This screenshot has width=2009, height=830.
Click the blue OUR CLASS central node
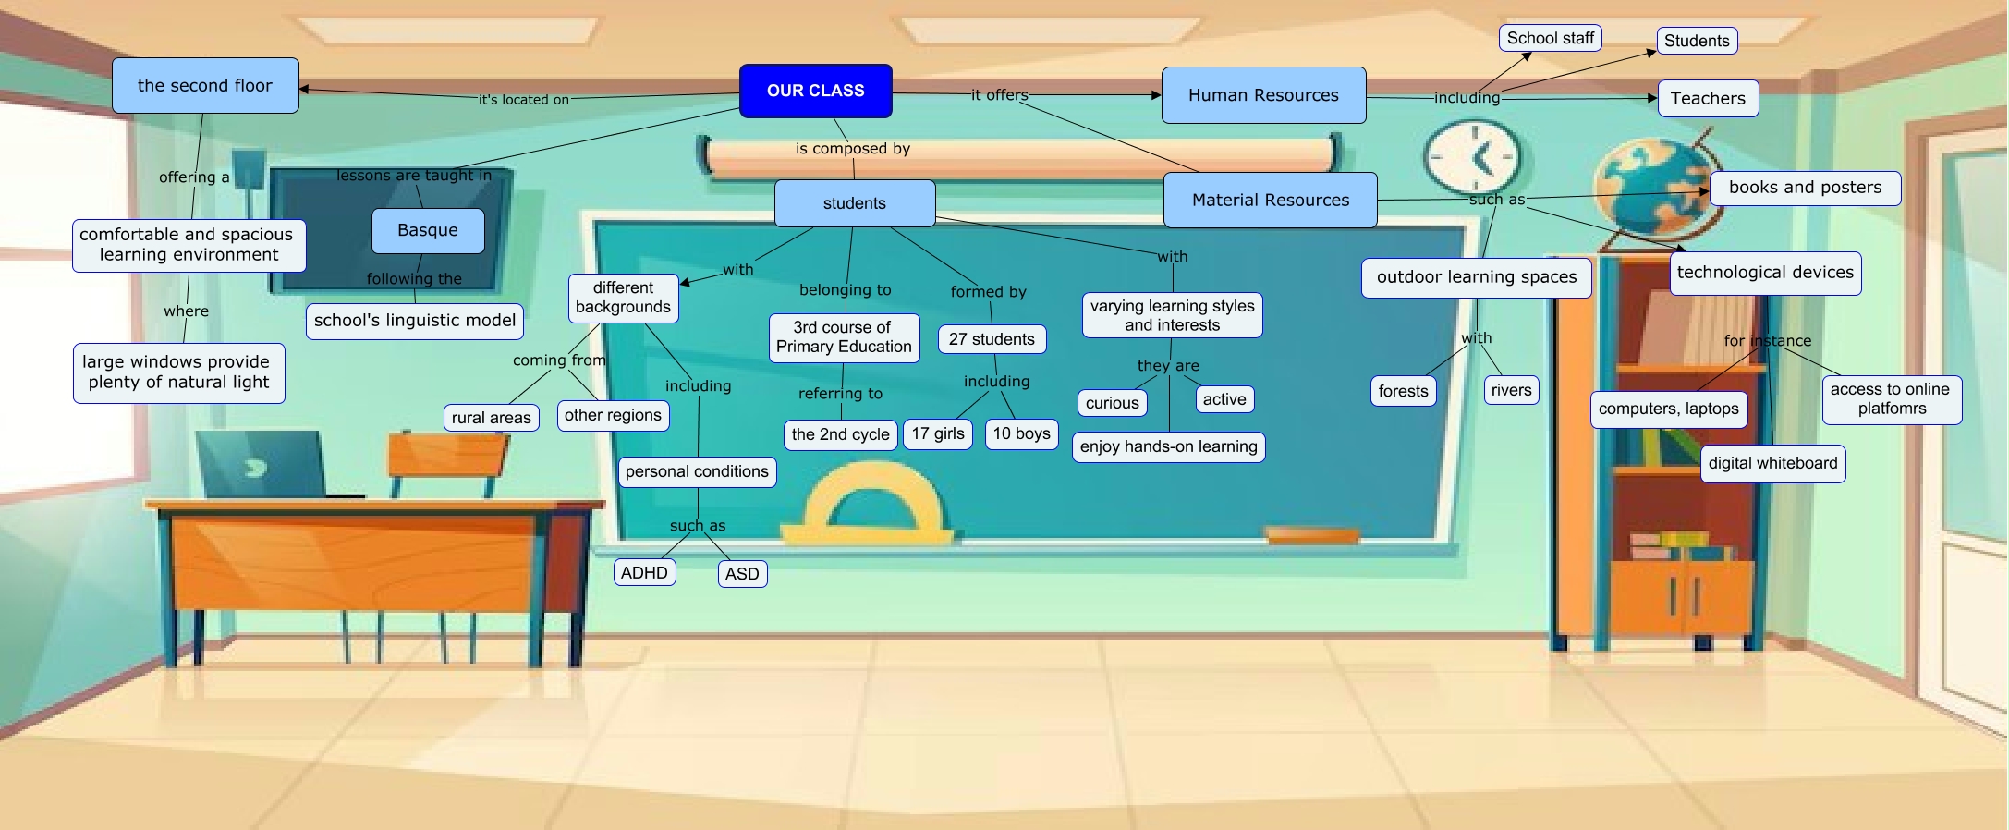815,91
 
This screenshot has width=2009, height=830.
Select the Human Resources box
1263,95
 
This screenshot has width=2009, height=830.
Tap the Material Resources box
1270,200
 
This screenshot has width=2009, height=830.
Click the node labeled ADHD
644,573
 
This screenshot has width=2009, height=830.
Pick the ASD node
742,574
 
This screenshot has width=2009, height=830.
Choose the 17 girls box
937,433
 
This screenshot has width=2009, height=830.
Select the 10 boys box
1021,433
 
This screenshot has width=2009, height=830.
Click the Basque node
428,230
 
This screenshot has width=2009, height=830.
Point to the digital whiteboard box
1772,463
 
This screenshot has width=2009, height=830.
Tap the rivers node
1511,390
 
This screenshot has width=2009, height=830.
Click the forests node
1403,391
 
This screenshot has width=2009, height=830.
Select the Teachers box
1708,99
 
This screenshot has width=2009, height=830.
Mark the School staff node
1550,38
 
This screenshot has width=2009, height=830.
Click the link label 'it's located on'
523,100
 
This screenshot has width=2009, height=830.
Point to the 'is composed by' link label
853,148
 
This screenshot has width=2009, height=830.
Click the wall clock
1472,157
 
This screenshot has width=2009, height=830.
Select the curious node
1112,403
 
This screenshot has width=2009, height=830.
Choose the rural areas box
491,418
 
